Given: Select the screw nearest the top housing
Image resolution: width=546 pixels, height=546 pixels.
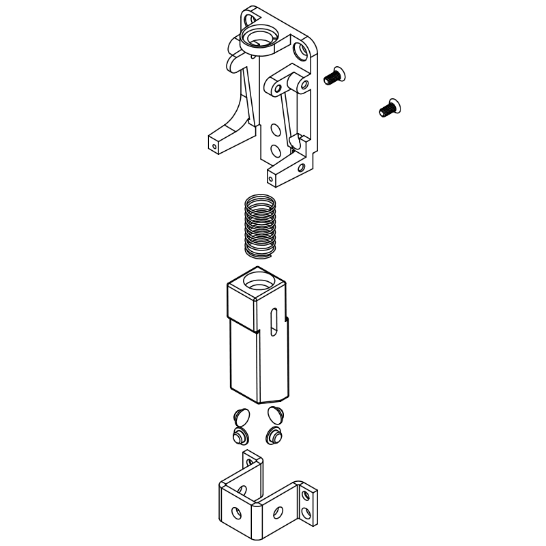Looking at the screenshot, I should [334, 76].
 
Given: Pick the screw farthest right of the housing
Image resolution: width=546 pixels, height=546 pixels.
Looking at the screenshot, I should [388, 106].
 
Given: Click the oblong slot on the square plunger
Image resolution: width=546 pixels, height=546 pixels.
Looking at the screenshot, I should [273, 321].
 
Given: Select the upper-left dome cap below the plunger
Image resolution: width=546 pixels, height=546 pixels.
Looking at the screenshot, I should [240, 415].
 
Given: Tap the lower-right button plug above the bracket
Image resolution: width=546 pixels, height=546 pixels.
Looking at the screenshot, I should [274, 435].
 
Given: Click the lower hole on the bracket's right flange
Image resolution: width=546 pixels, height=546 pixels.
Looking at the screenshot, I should [307, 511].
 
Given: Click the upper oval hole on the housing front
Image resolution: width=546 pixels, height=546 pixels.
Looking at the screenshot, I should [276, 129].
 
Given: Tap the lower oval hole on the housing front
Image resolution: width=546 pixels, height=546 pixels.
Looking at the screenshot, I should [275, 150].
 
